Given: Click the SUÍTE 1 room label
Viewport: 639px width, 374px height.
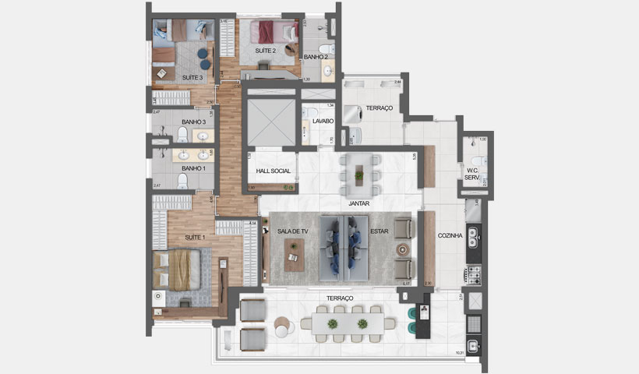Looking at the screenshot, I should [194, 237].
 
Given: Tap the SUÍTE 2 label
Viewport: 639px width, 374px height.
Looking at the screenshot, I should [267, 51].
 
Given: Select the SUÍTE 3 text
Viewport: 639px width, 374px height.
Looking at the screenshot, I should [192, 77].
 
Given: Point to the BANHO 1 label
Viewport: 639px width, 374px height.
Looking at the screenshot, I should [193, 168].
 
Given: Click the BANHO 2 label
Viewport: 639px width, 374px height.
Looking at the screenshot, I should [316, 57].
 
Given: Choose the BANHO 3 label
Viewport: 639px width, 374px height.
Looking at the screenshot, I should [193, 122].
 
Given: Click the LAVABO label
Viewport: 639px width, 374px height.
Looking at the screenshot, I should [323, 122].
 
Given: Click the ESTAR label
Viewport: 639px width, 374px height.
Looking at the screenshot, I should [380, 231].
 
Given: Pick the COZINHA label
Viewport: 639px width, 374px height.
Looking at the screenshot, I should [451, 235].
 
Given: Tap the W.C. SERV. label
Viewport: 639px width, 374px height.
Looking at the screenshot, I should [472, 172].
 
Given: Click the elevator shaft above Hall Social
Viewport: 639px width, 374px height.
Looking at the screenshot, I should [269, 122].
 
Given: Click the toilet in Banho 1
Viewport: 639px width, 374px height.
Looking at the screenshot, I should [182, 182].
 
